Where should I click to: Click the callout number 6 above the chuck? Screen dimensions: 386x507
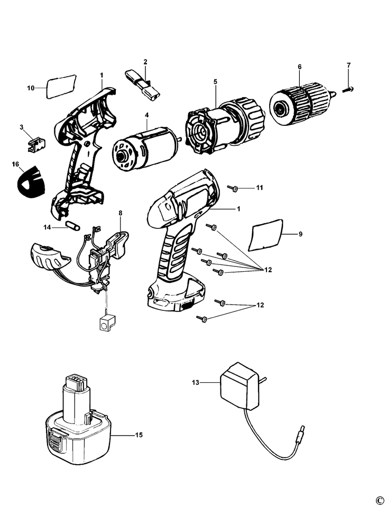(300, 67)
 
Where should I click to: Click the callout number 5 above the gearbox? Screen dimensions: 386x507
(215, 81)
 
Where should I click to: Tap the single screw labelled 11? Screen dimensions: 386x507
(233, 188)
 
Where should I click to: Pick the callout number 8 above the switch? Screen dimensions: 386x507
(121, 213)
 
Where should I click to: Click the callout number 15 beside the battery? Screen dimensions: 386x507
(139, 435)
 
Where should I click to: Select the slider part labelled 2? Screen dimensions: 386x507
(143, 85)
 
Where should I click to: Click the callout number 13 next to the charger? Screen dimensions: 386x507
(195, 383)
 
